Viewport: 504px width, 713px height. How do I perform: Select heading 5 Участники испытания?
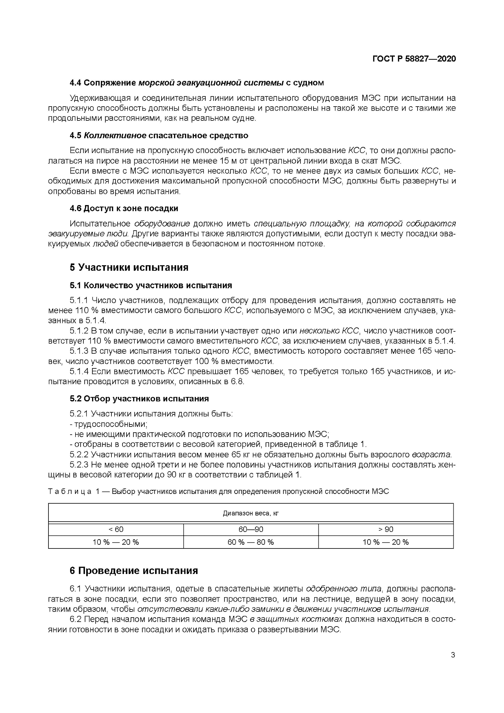(129, 267)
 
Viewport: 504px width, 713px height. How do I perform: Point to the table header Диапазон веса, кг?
(251, 513)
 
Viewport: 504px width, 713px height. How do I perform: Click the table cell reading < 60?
(116, 529)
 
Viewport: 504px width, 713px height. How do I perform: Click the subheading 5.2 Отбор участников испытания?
(139, 398)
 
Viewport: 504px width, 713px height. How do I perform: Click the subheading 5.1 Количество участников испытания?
(151, 285)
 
